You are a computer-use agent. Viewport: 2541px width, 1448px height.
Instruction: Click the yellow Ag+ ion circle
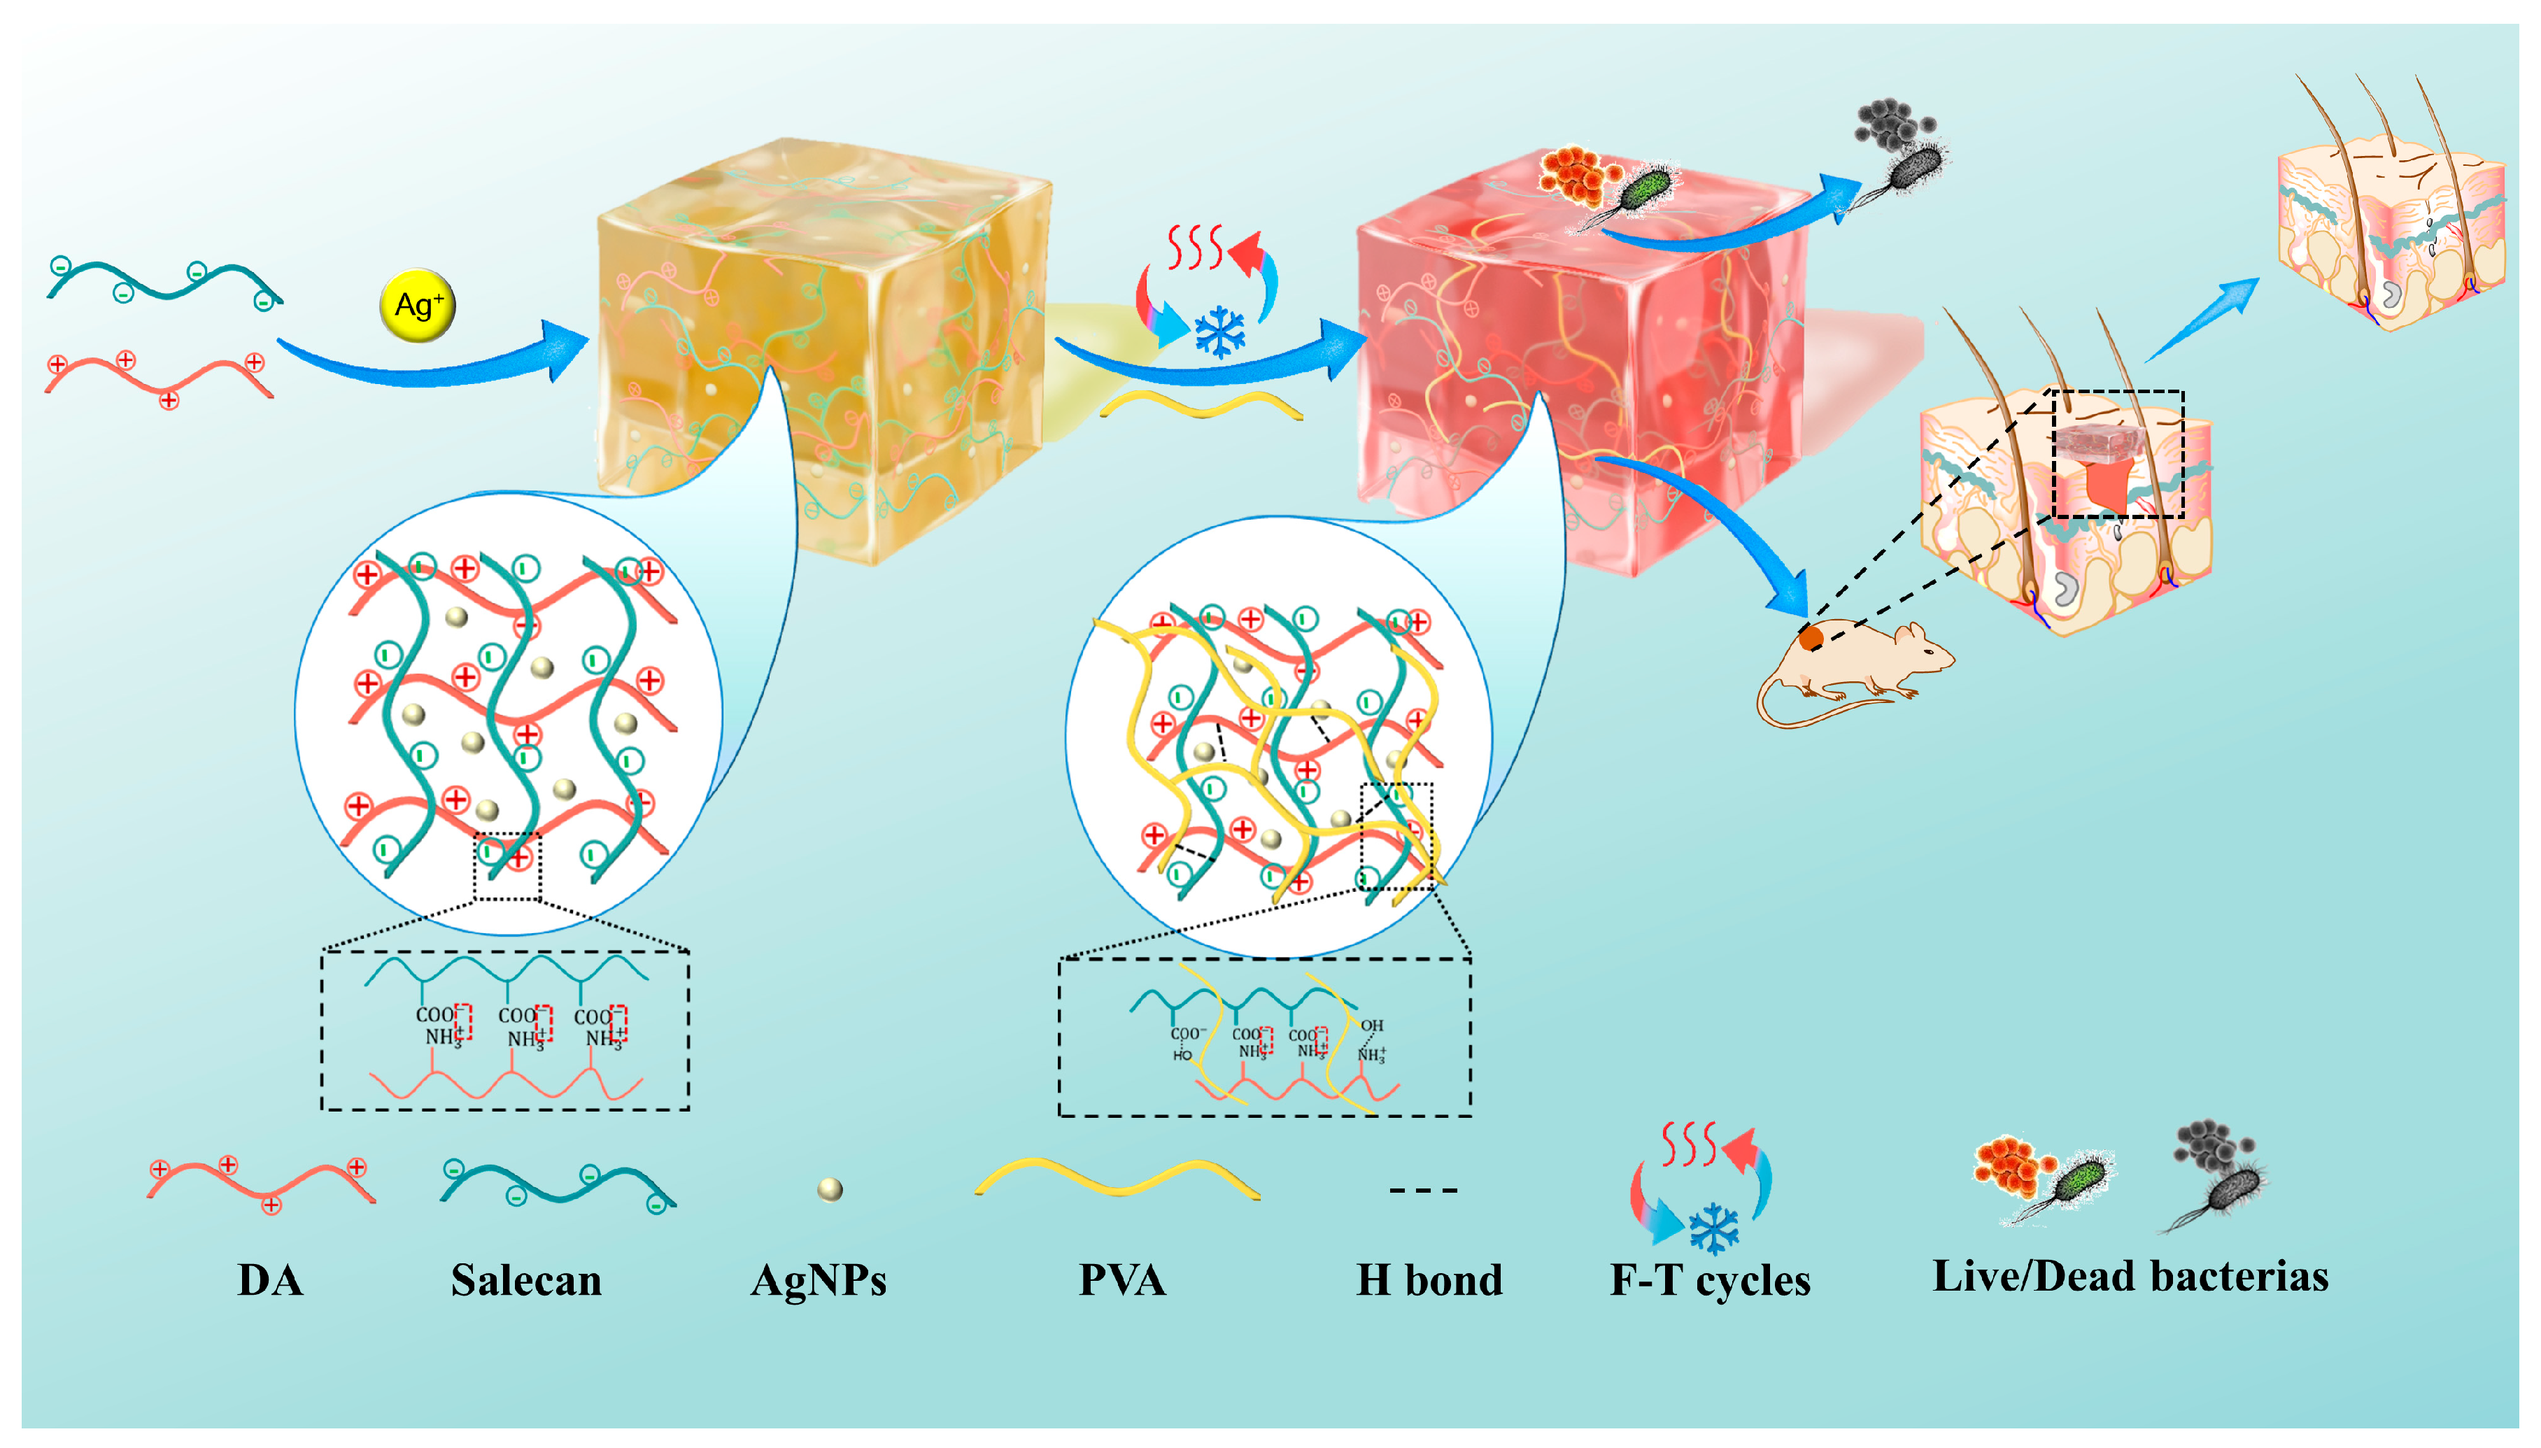418,304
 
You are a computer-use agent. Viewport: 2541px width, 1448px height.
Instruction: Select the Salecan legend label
526,1280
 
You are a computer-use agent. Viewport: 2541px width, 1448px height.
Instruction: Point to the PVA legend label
1121,1280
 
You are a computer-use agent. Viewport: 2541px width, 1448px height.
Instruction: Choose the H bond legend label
1429,1280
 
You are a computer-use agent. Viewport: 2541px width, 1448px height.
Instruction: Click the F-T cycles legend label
1710,1280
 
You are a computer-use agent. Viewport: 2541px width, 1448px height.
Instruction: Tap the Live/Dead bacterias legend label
2130,1276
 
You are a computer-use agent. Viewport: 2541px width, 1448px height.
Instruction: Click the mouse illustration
1850,667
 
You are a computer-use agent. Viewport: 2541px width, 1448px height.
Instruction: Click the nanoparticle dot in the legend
830,1189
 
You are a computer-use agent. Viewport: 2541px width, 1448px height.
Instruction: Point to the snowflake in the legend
1713,1229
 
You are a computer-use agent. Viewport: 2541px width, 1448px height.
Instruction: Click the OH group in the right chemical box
1373,1025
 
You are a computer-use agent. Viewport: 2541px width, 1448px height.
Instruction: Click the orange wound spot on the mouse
1811,637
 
